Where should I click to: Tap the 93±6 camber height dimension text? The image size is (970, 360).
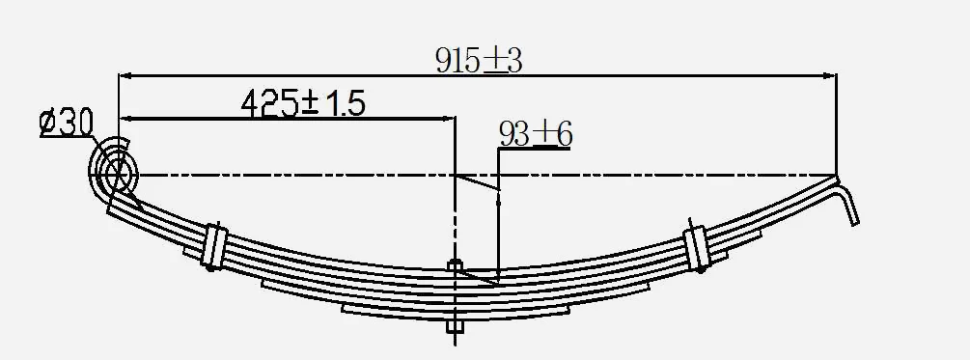pos(535,134)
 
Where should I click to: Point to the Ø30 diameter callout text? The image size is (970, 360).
pos(66,124)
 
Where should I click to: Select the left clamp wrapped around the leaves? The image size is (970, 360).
pos(214,245)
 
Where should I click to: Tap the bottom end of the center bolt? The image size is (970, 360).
pos(454,333)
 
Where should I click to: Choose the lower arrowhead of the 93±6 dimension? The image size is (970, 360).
pos(497,276)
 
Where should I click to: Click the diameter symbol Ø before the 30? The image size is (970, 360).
pos(50,124)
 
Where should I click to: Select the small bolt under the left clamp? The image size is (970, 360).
pos(210,268)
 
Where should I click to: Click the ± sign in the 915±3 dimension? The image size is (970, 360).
pos(494,60)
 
